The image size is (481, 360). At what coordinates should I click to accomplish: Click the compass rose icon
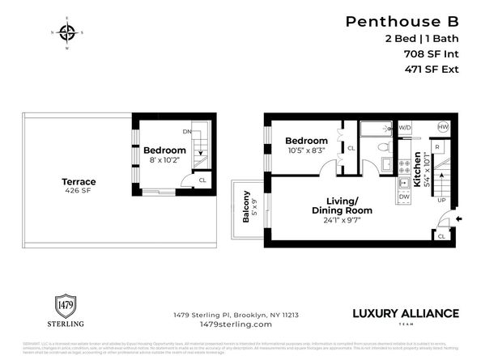tap(67, 33)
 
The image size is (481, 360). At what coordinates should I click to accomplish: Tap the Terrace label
tap(79, 183)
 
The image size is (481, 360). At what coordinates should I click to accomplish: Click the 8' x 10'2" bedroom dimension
tap(164, 161)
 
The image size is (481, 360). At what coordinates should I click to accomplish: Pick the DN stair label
tap(187, 130)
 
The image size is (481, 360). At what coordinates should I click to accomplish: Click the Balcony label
tap(245, 206)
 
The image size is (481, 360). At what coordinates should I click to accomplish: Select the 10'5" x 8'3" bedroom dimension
tap(306, 151)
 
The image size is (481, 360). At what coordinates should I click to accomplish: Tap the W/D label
tap(406, 128)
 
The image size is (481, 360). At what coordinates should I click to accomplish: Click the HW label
tap(443, 128)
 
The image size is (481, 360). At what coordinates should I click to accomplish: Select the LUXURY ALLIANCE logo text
tap(405, 313)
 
